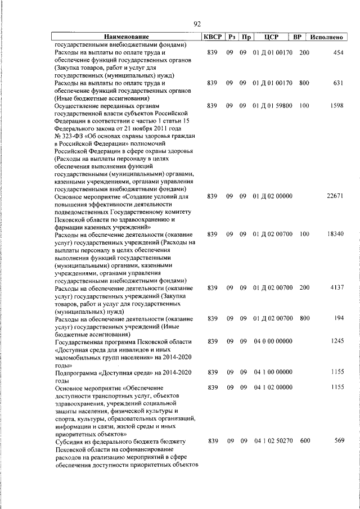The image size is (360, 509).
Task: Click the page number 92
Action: [197, 24]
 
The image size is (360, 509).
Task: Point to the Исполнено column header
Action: [326, 37]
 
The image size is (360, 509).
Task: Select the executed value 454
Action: [337, 52]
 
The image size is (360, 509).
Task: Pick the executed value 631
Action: [337, 83]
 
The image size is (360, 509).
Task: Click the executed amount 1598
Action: [336, 105]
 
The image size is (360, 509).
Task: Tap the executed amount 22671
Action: [334, 196]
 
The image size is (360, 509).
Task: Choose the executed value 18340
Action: [334, 234]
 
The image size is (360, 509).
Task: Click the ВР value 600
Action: [304, 440]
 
